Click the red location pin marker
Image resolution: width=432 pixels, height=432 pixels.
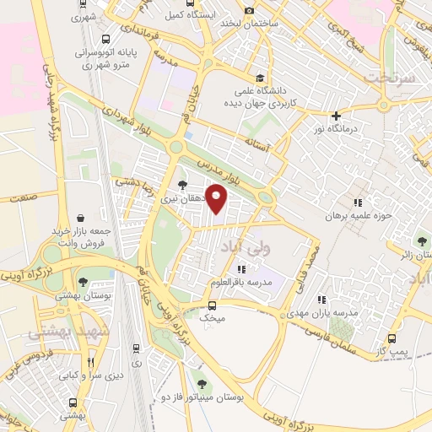click(218, 198)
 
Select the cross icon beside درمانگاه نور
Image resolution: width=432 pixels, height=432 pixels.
click(336, 116)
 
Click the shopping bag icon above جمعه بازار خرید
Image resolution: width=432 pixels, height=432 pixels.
click(79, 219)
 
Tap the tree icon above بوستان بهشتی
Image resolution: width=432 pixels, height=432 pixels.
click(83, 283)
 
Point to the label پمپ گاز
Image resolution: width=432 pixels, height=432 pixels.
click(392, 348)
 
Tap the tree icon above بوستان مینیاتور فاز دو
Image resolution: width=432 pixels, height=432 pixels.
click(199, 374)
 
